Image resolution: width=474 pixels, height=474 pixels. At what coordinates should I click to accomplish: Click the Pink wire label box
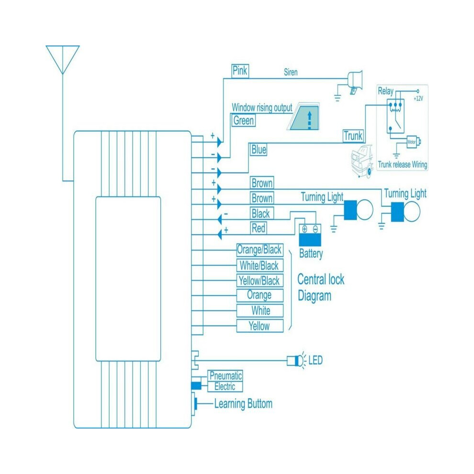(240, 71)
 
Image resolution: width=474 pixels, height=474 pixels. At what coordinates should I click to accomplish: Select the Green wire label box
(243, 120)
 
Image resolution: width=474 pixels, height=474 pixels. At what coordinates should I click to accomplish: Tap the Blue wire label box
(259, 149)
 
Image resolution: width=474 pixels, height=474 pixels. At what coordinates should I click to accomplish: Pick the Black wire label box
(262, 214)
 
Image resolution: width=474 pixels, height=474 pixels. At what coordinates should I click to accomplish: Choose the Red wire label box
(259, 228)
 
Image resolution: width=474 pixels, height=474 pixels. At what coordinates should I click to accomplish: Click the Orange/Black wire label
(260, 250)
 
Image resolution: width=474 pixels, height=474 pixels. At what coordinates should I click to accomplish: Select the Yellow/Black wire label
(260, 281)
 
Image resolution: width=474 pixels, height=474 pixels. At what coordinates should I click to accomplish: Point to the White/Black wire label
(260, 265)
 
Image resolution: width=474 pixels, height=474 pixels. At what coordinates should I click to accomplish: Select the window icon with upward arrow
(304, 116)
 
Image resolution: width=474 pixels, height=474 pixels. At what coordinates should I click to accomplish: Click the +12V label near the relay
(418, 99)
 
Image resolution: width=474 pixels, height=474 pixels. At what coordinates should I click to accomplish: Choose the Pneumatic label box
(226, 376)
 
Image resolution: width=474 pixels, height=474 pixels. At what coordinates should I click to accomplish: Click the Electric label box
(225, 387)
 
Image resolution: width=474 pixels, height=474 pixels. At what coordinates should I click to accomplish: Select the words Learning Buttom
(243, 404)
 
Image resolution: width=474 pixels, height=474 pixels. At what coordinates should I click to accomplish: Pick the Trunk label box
(353, 135)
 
